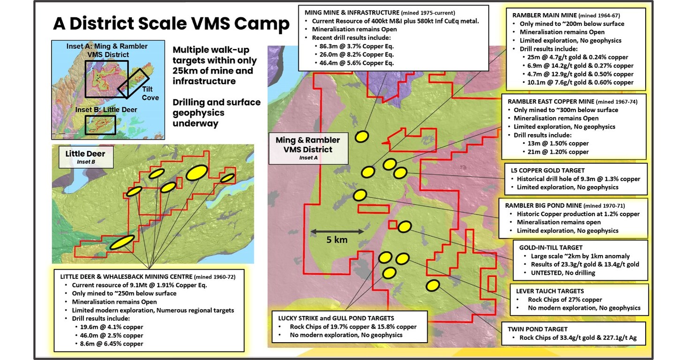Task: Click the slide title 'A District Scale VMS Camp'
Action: tap(171, 23)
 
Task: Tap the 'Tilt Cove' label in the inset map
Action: tap(151, 94)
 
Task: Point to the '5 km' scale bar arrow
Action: tap(337, 231)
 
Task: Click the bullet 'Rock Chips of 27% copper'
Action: tap(559, 300)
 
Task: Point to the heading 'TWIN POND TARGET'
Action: tap(537, 329)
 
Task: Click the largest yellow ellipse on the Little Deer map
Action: tap(197, 172)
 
